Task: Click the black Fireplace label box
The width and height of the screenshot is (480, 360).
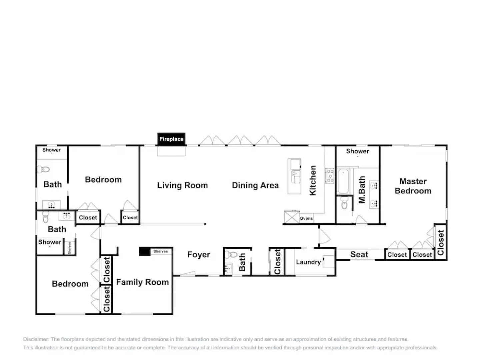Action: coord(171,139)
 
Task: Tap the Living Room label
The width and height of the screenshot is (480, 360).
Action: coord(182,185)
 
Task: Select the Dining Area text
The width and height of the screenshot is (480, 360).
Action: coord(255,185)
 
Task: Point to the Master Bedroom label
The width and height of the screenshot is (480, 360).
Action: coord(413,186)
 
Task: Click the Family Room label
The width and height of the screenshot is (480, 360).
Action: coord(142,282)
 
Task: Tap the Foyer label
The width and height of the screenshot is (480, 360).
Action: coord(198,255)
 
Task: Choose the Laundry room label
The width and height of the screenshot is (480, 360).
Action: coord(308,262)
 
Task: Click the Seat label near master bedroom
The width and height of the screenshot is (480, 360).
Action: coord(359,255)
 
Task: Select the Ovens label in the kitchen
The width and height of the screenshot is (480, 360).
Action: coord(306,219)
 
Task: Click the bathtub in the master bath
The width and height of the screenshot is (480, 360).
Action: coord(343,181)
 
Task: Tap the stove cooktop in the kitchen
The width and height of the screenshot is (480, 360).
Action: coord(330,176)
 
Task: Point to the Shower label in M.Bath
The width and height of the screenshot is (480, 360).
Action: coord(357,151)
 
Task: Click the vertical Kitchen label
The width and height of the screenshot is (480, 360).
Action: coord(313,180)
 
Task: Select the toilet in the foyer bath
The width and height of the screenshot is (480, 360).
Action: coord(231,255)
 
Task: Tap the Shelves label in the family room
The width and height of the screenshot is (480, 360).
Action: coord(160,251)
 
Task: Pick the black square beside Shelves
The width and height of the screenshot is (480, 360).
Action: coord(144,252)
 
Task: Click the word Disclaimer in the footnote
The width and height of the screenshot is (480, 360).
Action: coord(36,339)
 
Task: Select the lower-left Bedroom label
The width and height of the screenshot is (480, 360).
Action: coord(70,284)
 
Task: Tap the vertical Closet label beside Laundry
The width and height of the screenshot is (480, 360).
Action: coord(277,262)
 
